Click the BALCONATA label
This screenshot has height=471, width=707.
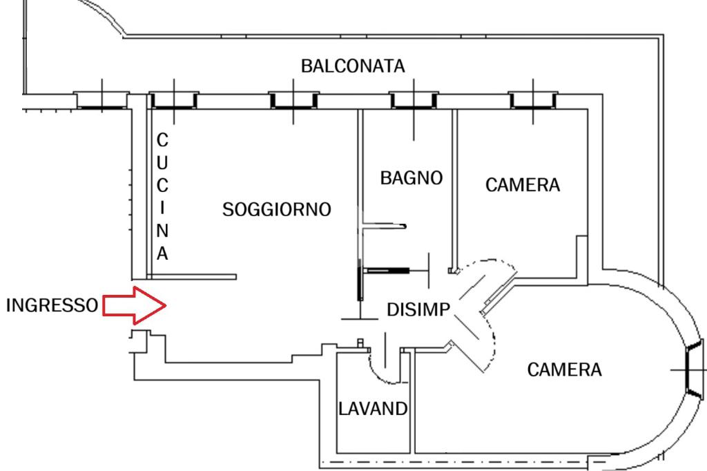click(353, 66)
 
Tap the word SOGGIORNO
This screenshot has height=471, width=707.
click(277, 209)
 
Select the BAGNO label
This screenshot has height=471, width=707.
click(411, 178)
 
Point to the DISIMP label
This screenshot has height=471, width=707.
click(418, 311)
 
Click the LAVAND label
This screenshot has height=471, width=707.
click(373, 408)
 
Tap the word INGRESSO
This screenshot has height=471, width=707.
click(51, 305)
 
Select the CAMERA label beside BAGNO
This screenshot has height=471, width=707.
click(523, 185)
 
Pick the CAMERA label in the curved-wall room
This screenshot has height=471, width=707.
click(564, 369)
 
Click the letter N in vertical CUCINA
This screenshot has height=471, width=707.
click(162, 230)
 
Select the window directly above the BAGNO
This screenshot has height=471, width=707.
click(413, 101)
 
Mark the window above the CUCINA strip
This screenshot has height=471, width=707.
click(173, 101)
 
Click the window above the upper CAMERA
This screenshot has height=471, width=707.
click(533, 101)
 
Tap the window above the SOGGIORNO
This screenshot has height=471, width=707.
click(293, 101)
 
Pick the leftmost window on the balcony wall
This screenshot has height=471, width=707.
click(101, 101)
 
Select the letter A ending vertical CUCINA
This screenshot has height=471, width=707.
click(162, 253)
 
